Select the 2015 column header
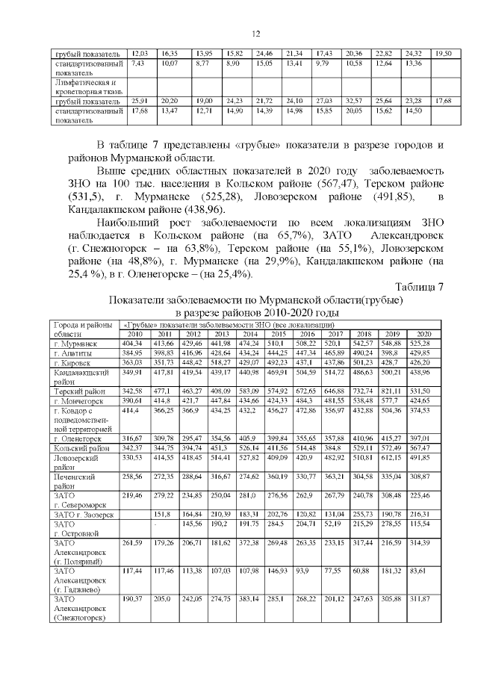pyautogui.click(x=277, y=333)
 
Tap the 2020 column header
pyautogui.click(x=424, y=333)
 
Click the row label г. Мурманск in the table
pyautogui.click(x=71, y=342)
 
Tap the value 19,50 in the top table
pyautogui.click(x=444, y=54)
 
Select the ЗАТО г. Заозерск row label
pyautogui.click(x=82, y=534)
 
